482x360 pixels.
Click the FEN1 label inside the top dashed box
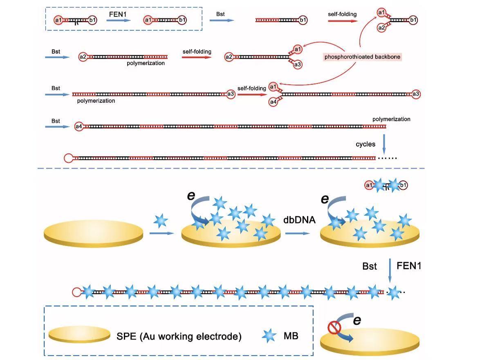coord(117,13)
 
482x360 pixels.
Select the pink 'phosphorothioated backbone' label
coord(363,57)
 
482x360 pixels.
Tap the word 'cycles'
coord(365,144)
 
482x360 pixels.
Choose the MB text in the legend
coord(291,336)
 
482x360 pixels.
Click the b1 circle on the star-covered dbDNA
coord(403,186)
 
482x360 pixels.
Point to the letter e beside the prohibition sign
coord(356,320)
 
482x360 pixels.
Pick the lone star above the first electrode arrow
coord(160,221)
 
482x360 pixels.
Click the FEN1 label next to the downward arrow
coord(409,265)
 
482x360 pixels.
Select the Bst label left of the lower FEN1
coord(370,266)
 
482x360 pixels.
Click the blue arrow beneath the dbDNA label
coord(297,233)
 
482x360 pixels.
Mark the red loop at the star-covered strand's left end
coord(76,292)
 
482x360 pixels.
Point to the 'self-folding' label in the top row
coord(342,14)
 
